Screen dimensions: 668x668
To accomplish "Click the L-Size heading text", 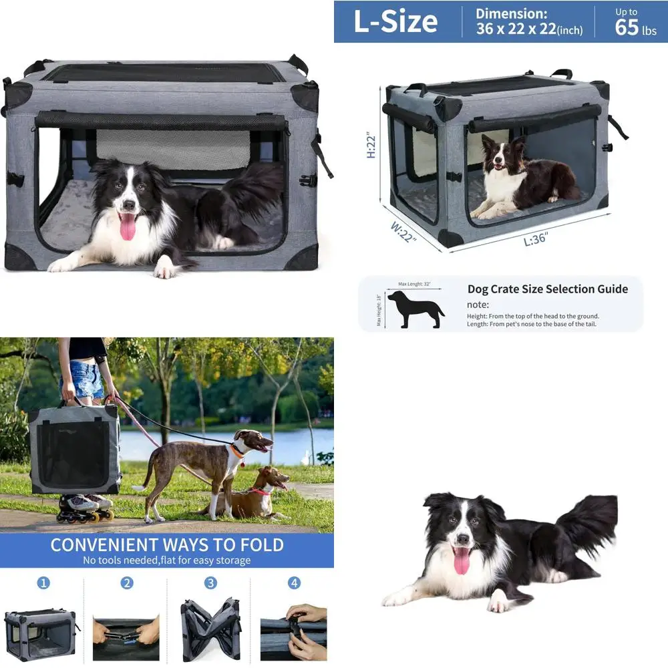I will click(395, 21).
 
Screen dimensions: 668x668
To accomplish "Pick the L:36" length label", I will click(535, 238).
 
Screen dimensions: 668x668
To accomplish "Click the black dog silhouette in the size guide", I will click(415, 309).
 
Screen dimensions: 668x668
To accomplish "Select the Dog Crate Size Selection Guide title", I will click(547, 289).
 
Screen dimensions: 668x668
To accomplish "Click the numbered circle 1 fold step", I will click(43, 583).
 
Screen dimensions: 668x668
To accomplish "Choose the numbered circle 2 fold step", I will click(127, 583).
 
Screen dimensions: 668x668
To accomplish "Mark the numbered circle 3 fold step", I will click(210, 583).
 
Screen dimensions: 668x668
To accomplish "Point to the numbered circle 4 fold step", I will click(294, 583).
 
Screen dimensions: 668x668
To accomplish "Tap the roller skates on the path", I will click(85, 508).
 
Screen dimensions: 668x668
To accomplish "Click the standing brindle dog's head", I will click(255, 442).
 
